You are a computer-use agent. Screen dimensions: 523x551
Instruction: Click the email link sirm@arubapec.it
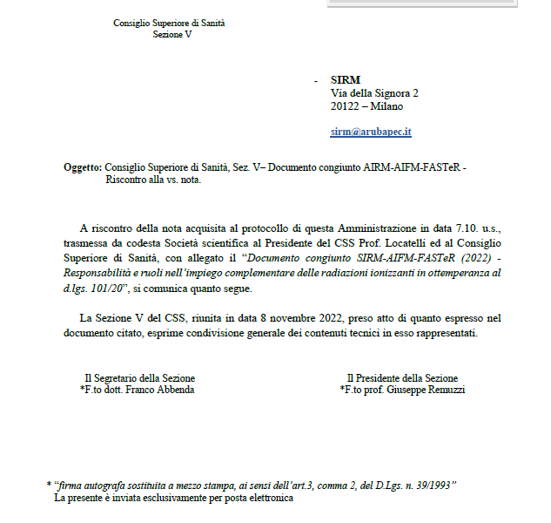(371, 132)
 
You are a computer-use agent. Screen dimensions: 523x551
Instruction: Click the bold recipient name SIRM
(346, 79)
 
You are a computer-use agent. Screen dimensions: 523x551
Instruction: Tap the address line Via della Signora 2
(374, 92)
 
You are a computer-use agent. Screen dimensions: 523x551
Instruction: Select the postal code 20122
(345, 106)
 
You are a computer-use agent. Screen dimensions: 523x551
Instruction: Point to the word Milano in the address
(387, 106)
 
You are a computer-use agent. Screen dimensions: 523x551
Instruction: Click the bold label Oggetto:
(83, 166)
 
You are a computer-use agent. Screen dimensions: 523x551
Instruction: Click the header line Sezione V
(171, 35)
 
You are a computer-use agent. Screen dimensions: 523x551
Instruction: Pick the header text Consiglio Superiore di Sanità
(169, 23)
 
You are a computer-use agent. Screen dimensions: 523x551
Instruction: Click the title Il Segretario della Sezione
(139, 378)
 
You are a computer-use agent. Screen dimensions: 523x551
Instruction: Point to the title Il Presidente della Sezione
(402, 378)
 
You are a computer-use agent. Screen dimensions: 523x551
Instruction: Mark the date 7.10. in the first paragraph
(456, 228)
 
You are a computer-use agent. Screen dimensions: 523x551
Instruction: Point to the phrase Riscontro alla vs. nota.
(153, 180)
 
